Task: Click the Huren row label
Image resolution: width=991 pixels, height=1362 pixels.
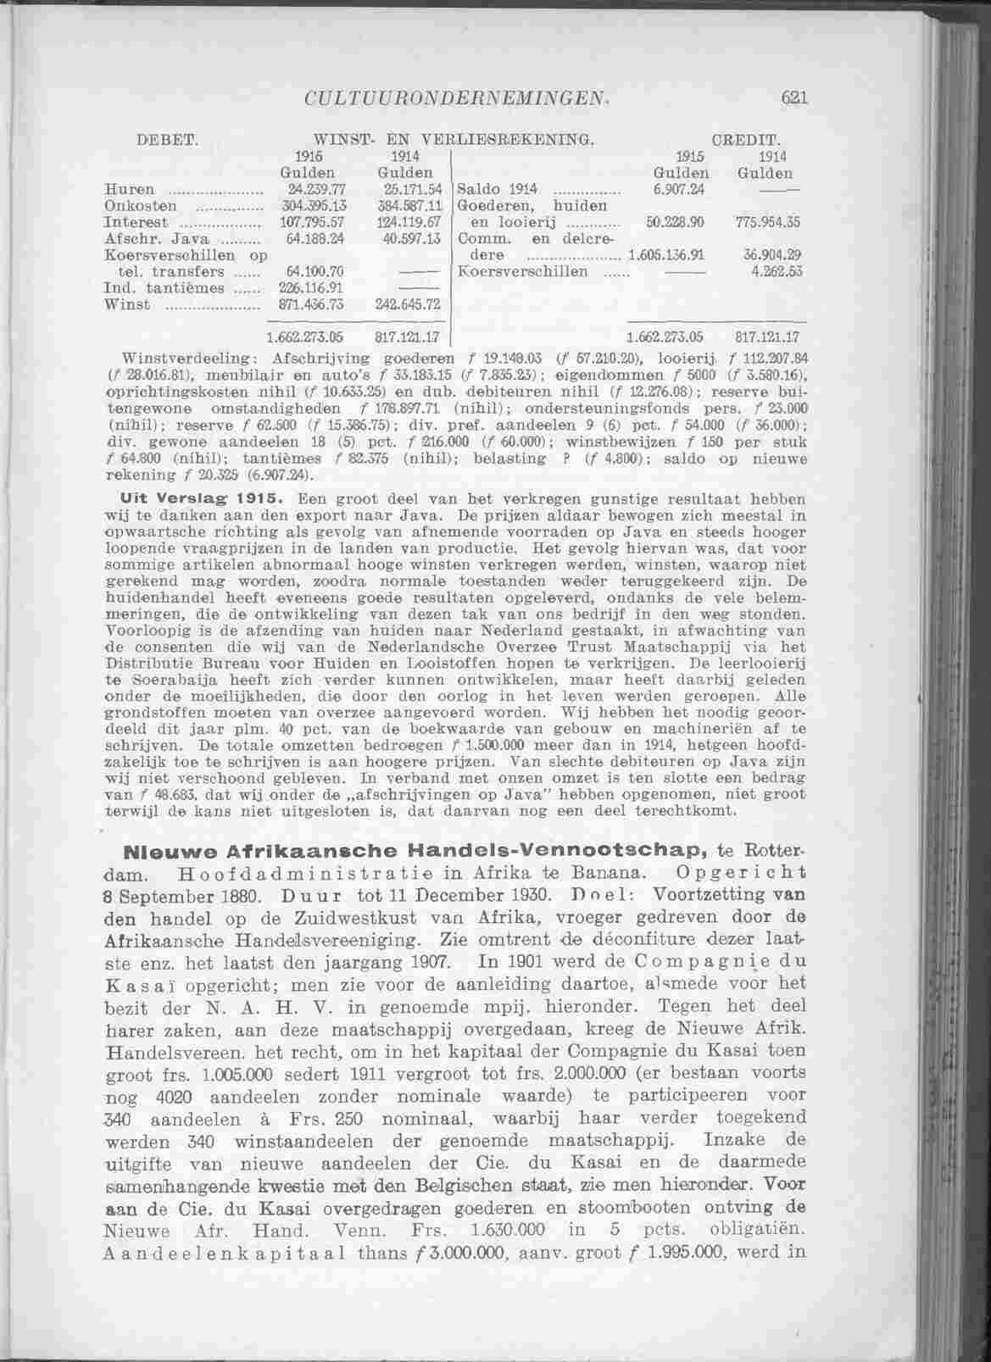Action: point(129,188)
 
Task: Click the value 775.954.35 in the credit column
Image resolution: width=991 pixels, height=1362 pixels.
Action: point(770,221)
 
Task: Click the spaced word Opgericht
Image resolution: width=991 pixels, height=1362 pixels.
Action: point(737,872)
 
